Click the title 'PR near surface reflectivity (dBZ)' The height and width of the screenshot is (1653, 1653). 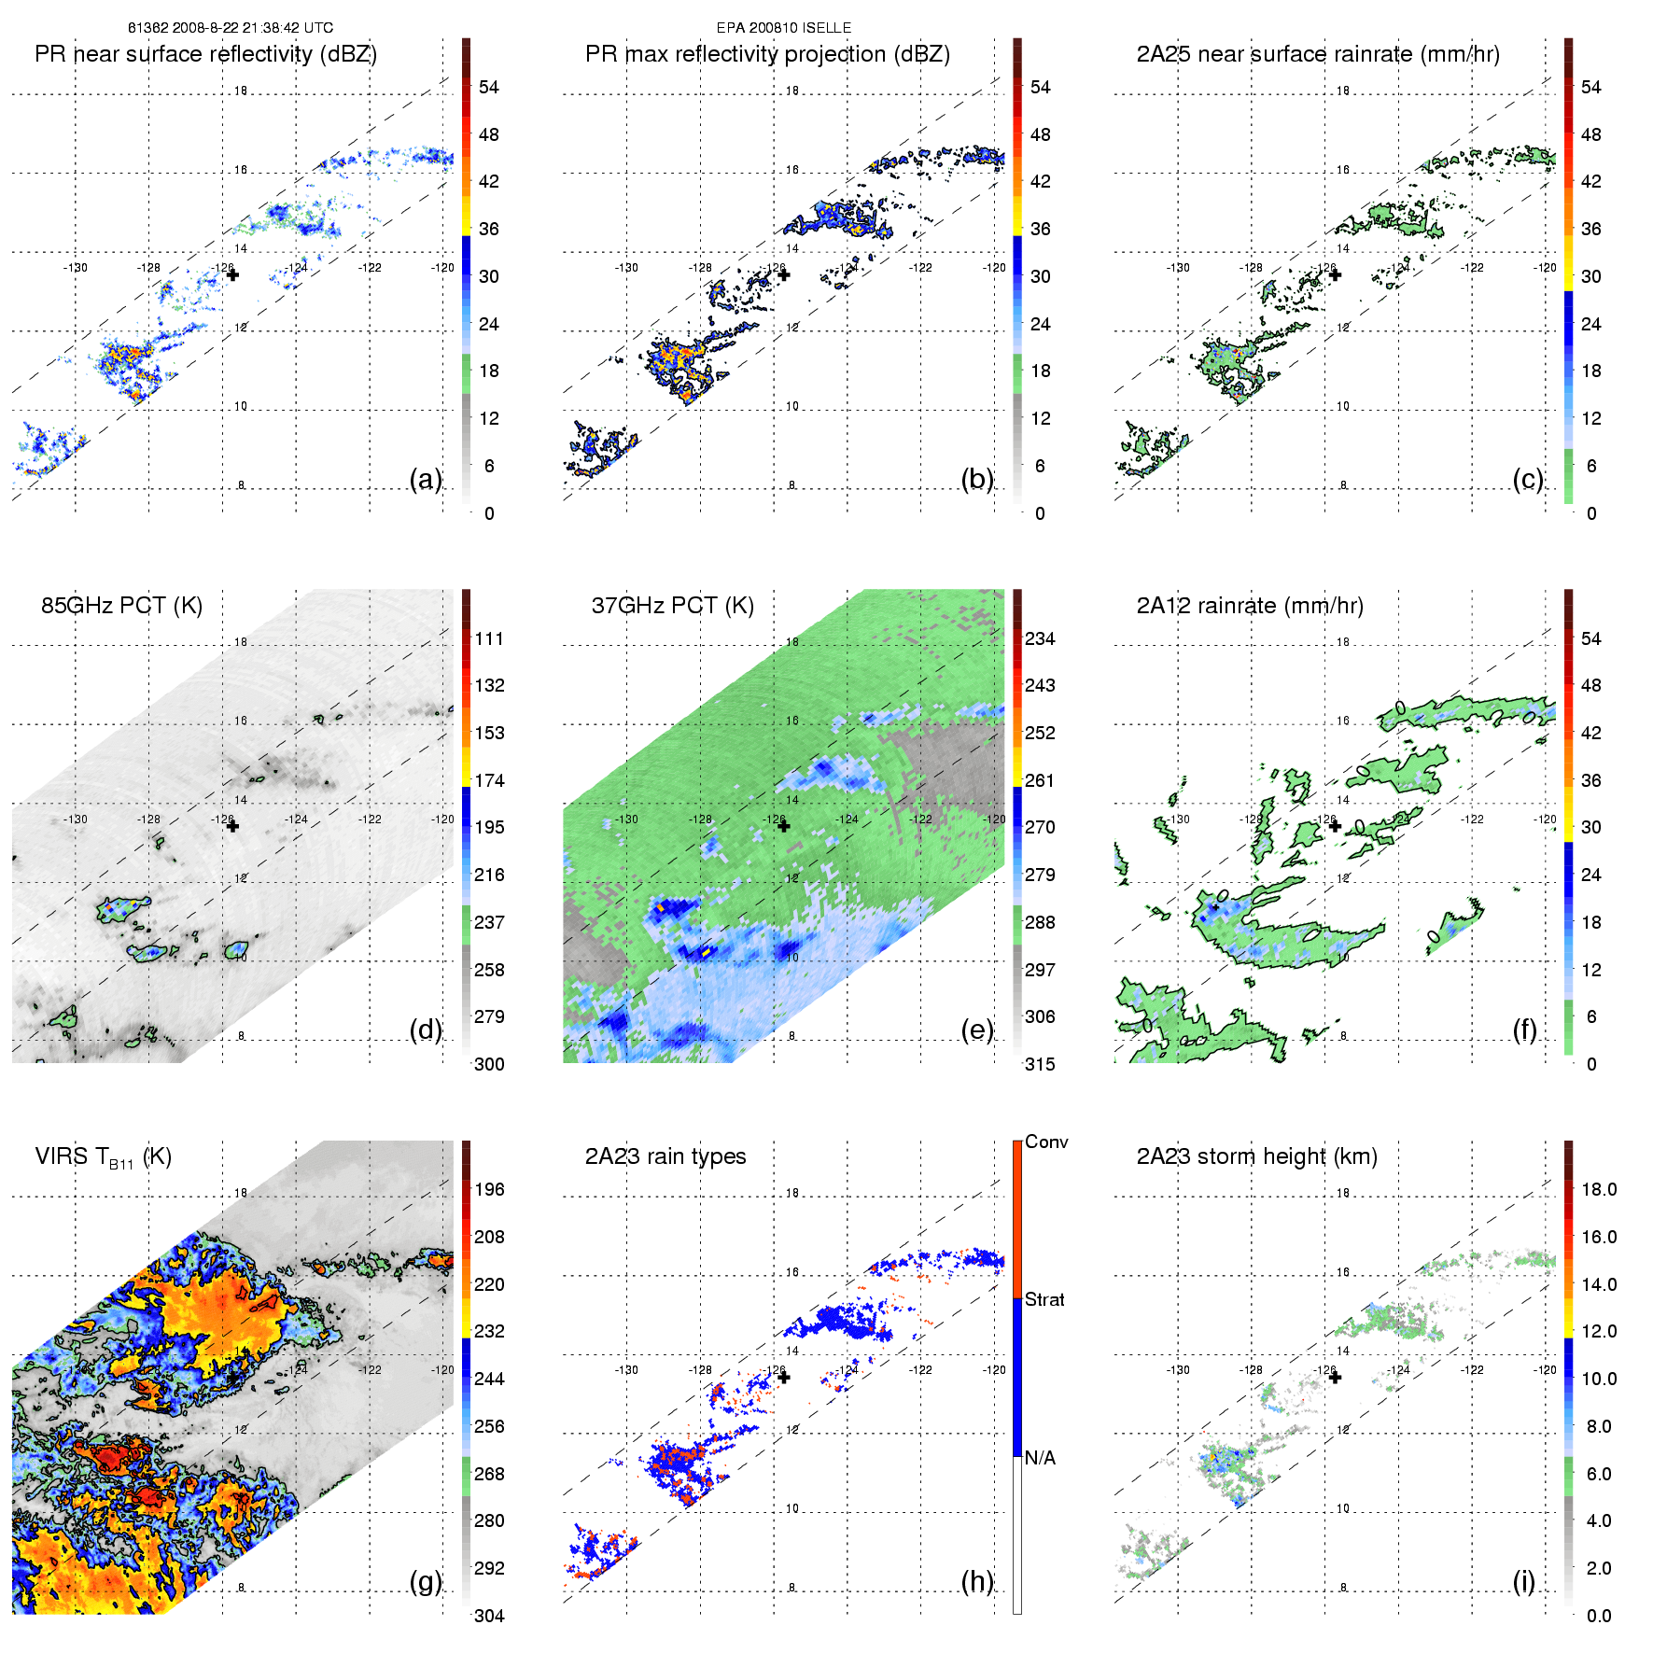[x=205, y=54]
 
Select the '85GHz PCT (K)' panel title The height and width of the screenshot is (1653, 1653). [x=121, y=606]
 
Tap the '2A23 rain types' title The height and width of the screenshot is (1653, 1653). [x=665, y=1156]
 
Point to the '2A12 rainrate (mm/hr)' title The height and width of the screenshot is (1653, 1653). [x=1250, y=606]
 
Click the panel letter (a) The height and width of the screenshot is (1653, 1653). [x=426, y=480]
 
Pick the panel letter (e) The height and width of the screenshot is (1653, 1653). [x=976, y=1030]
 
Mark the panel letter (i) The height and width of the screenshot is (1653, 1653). [x=1523, y=1581]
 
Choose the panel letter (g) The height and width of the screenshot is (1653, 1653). [x=426, y=1581]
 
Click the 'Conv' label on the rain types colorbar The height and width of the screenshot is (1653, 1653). [x=1046, y=1142]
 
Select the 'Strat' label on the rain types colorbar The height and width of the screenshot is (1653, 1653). [x=1044, y=1299]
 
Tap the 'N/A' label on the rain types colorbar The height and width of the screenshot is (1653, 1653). [x=1040, y=1458]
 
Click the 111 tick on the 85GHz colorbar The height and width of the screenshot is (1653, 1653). [x=489, y=638]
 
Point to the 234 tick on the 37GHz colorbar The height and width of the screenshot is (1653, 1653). [x=1040, y=638]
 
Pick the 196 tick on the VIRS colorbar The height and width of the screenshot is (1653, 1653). [x=489, y=1189]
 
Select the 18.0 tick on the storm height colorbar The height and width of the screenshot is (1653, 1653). [x=1598, y=1189]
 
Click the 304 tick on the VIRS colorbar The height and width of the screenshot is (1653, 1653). [x=489, y=1616]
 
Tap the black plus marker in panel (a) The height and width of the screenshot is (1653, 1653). [x=232, y=274]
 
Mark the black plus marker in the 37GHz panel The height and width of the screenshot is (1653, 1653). [x=783, y=826]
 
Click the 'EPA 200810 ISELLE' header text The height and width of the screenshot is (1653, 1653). [x=783, y=28]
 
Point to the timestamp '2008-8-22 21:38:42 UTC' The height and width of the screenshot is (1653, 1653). [x=252, y=28]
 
